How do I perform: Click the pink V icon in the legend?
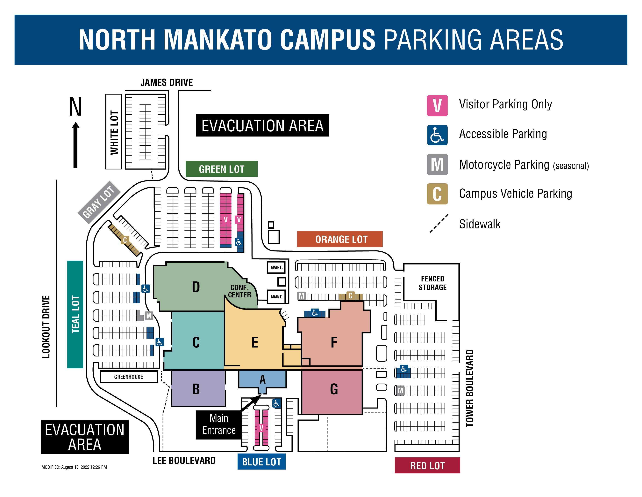437,105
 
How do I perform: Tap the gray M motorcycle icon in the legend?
437,164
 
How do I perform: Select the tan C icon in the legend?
437,194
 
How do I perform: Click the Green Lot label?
222,169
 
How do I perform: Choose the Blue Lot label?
261,462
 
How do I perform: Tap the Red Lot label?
427,465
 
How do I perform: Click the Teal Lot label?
75,314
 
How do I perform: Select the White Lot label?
114,132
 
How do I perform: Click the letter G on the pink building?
334,389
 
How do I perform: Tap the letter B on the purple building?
196,389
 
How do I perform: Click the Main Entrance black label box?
219,424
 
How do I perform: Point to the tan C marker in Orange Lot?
350,296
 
